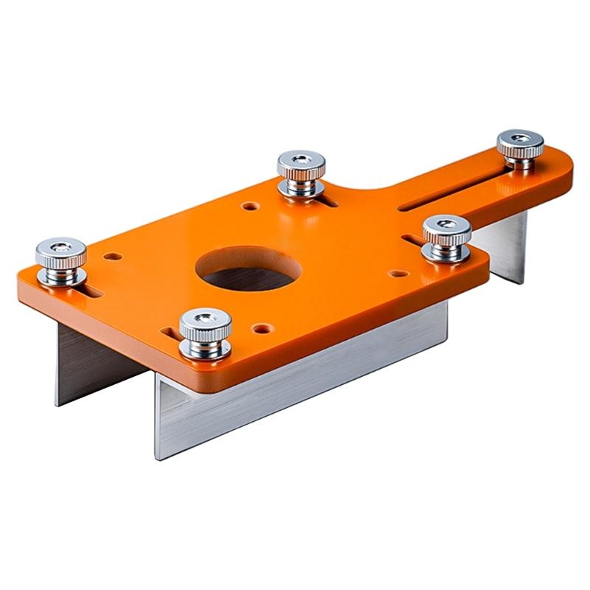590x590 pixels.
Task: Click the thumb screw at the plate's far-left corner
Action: click(x=60, y=260)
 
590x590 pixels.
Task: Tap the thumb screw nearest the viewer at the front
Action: click(x=205, y=333)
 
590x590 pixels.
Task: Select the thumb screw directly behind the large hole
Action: click(x=302, y=173)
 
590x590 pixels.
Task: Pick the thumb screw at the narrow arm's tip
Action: click(x=520, y=150)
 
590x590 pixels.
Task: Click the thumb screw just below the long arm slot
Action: click(x=446, y=237)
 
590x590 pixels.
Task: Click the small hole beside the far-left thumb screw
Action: click(x=113, y=257)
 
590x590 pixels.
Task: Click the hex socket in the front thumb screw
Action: click(x=206, y=318)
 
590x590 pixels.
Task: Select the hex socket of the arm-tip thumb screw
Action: click(x=520, y=137)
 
